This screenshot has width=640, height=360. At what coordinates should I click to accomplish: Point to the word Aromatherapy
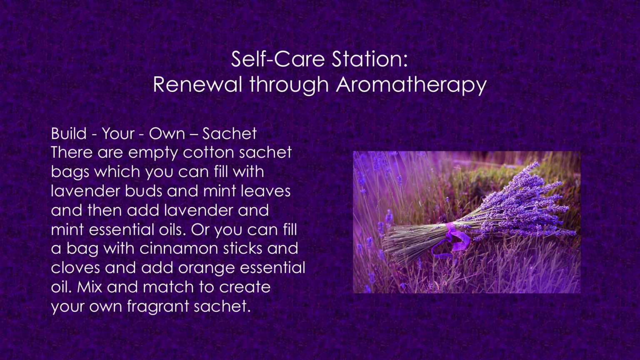coord(411,85)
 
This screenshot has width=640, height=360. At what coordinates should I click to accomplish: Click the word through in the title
coord(289,85)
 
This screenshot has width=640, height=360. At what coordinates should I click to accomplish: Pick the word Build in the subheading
coord(69,133)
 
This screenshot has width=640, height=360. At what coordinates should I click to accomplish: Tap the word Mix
coord(90,287)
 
